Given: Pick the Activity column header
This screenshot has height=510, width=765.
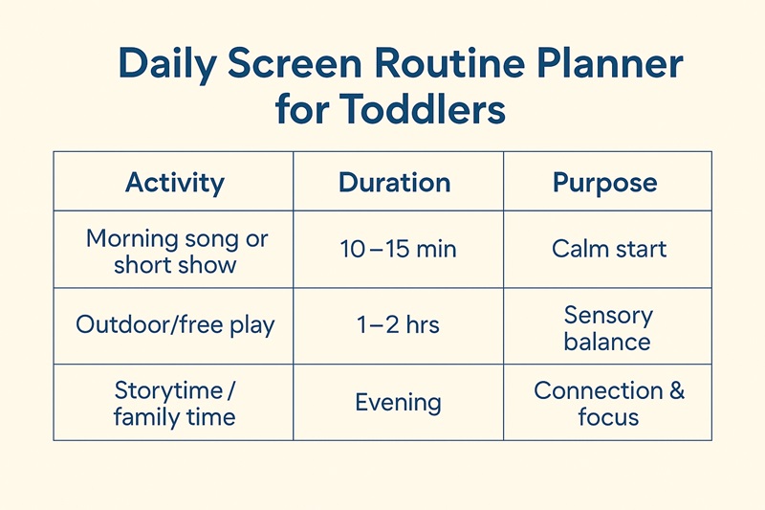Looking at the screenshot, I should point(175,182).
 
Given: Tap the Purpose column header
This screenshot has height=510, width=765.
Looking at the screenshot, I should point(605,182).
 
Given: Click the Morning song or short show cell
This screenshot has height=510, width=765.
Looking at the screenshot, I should point(175,251).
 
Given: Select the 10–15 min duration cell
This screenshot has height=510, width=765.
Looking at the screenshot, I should point(398,250).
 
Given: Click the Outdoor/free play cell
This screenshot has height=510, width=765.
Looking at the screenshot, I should point(175,324).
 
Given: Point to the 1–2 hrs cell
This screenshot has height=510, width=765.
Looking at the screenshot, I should point(398,324).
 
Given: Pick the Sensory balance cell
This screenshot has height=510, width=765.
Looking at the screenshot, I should point(607,327).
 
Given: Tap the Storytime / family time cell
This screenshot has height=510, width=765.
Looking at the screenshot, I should point(175,403).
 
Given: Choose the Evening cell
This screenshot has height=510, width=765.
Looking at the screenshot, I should point(398,402).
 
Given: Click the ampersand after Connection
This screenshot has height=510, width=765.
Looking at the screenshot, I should point(675,391).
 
